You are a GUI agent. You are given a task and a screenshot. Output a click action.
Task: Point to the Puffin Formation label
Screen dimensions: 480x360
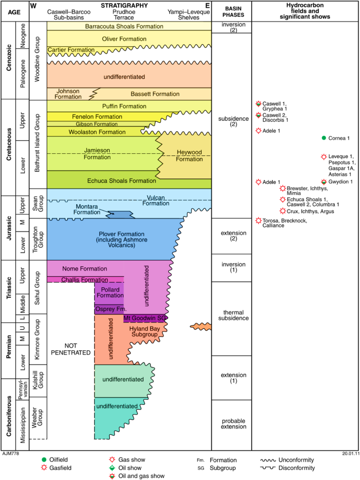129,106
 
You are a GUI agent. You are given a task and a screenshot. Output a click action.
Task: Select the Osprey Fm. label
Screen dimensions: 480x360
109,309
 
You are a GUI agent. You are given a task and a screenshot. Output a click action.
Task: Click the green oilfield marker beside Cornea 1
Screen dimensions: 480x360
324,138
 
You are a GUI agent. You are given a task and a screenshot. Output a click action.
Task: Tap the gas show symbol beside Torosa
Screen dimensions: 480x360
258,221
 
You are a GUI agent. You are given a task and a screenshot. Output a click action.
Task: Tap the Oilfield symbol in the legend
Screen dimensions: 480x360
45,460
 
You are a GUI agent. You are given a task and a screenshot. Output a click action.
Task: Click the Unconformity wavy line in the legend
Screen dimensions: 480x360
272,460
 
